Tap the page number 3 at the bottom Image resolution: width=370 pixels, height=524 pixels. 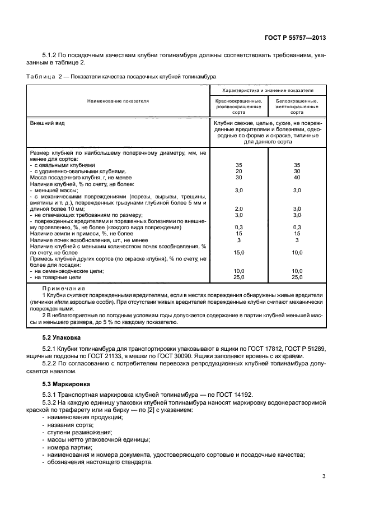[324, 477]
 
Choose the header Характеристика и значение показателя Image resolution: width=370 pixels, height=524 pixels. [267, 90]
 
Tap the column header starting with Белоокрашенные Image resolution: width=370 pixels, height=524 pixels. [297, 105]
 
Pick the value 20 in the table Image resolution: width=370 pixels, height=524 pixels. [238, 171]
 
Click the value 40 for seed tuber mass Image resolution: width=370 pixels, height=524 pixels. [297, 178]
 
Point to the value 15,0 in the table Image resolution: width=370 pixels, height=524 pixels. [238, 252]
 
